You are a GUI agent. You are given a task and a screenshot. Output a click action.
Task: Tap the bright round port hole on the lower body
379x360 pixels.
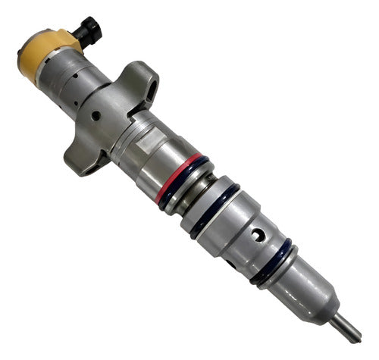click(259, 237)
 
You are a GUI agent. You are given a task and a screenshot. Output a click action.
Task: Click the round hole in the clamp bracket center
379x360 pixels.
click(96, 116)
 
